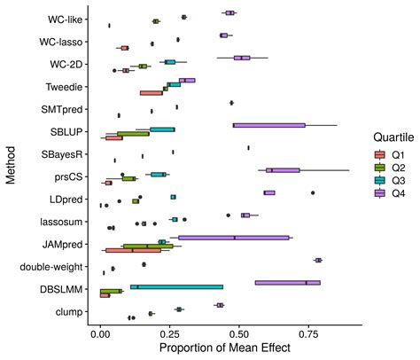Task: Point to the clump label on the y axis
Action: pyautogui.click(x=69, y=311)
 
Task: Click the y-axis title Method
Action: pyautogui.click(x=10, y=165)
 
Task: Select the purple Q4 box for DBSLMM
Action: pyautogui.click(x=287, y=283)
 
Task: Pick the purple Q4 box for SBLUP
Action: pyautogui.click(x=269, y=125)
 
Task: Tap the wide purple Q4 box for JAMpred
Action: pyautogui.click(x=234, y=238)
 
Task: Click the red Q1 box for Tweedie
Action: pyautogui.click(x=151, y=92)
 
